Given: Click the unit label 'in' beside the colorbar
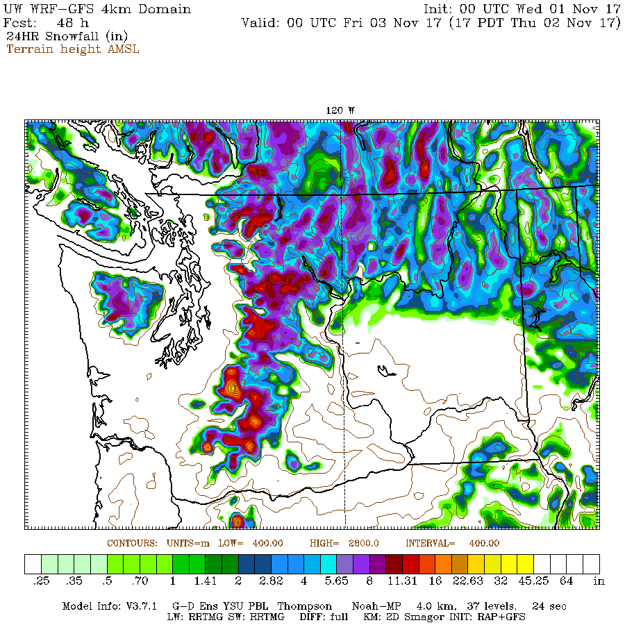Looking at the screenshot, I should (x=599, y=581).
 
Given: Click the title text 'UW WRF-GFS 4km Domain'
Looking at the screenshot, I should (x=97, y=9).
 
